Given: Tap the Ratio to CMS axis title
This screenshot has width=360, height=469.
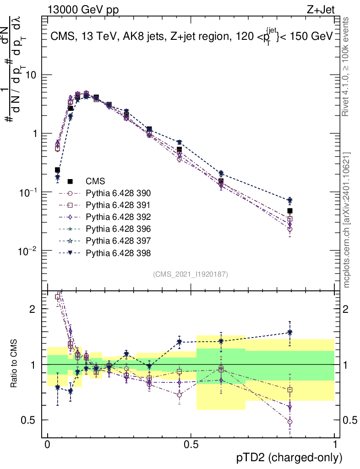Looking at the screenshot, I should point(14,364).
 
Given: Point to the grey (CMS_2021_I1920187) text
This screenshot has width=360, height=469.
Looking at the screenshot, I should point(191,274).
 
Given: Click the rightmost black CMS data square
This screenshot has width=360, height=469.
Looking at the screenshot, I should point(290,211).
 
